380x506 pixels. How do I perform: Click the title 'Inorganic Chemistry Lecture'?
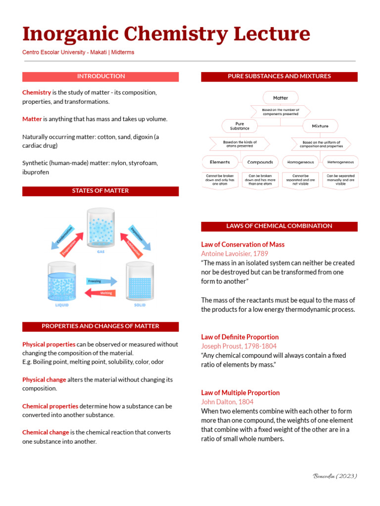166,34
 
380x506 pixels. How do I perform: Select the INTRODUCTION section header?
100,77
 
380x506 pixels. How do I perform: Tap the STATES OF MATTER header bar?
100,191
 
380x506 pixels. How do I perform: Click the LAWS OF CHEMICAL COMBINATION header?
279,226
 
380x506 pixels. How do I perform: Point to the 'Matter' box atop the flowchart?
281,98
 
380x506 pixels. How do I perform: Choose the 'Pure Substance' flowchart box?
239,126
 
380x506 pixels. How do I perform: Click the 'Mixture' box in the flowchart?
320,126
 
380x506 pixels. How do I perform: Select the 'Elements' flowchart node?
220,162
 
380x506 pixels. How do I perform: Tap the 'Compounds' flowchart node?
260,162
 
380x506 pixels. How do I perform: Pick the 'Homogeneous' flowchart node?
301,162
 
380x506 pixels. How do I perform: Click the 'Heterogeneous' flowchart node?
341,162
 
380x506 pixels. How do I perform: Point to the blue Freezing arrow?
102,281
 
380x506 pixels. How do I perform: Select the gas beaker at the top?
100,228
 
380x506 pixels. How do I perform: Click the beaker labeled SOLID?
140,282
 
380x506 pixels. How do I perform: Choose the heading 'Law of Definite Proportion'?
240,337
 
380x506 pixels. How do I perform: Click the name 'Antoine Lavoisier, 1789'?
235,253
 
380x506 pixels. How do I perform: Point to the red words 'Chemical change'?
46,432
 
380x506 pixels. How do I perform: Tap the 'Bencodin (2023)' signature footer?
335,476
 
